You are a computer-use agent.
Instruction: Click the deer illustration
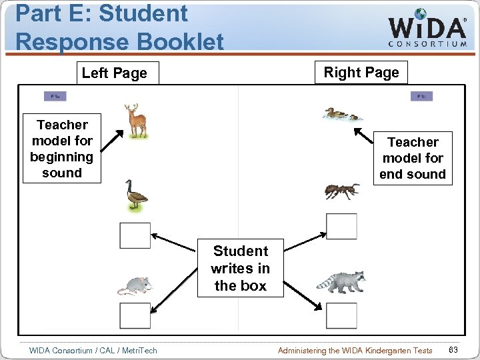137,121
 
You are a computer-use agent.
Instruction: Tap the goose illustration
137,195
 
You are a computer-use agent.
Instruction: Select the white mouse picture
135,285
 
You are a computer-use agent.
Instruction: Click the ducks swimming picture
341,114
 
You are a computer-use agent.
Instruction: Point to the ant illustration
342,191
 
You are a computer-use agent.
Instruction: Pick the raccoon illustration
341,281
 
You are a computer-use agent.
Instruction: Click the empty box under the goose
135,235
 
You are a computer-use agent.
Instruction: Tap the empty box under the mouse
135,316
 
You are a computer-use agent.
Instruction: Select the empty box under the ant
342,227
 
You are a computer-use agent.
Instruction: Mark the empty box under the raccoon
342,316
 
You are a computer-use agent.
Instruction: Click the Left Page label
114,73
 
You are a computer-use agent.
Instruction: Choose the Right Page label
361,72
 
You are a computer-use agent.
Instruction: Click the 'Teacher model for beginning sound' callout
62,149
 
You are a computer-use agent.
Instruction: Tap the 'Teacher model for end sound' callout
413,158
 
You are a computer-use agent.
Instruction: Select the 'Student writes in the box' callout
240,268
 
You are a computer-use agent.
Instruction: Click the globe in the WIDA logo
421,14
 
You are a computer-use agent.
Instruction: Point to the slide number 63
453,351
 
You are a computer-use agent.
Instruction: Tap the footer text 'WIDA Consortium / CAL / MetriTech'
93,351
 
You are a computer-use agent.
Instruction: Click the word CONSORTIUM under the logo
427,44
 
